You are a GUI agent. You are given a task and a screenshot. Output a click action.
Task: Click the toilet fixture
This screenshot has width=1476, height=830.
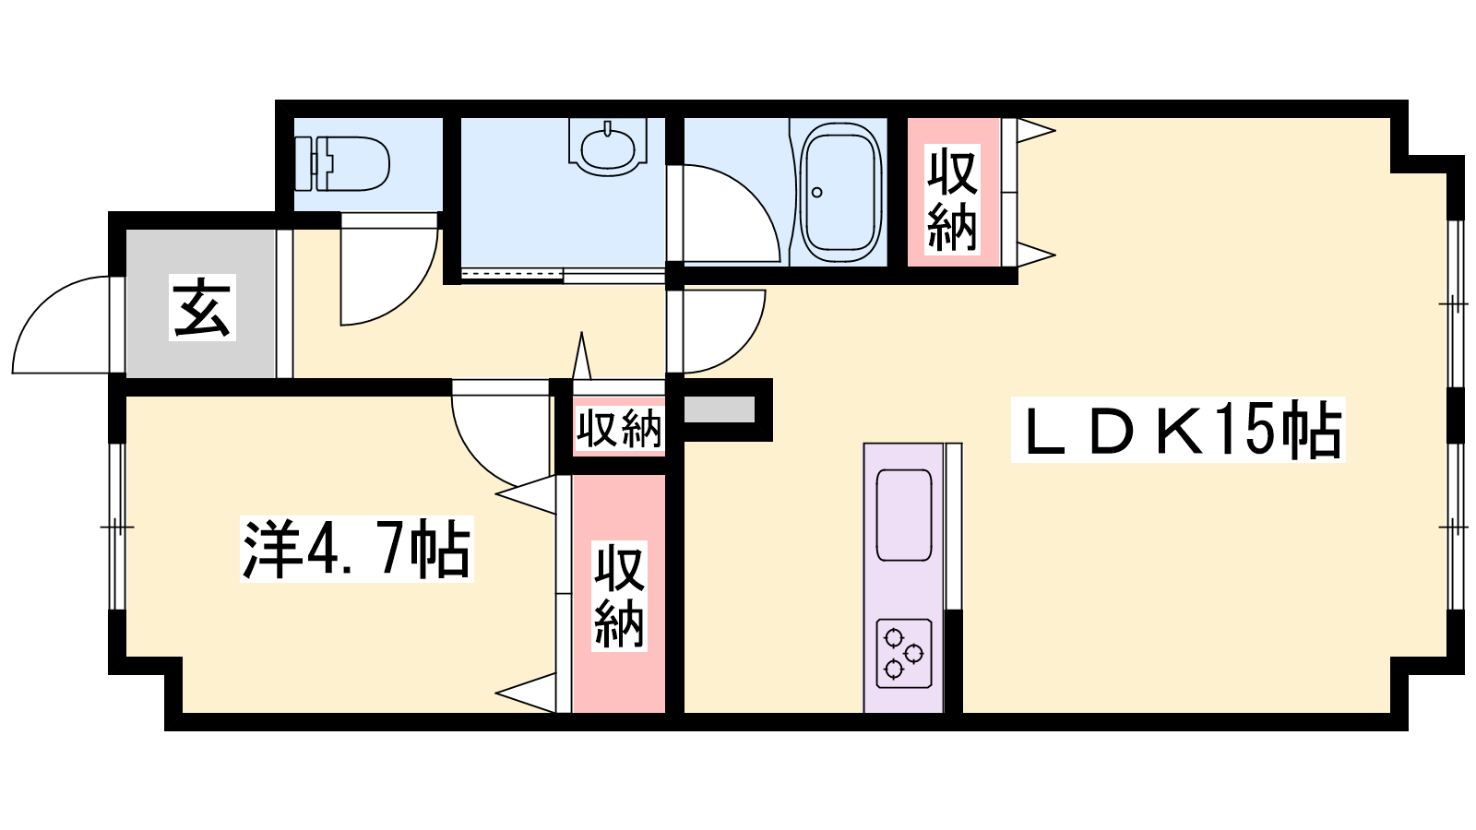tap(342, 164)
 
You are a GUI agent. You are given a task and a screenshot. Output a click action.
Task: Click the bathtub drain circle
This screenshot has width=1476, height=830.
tap(817, 193)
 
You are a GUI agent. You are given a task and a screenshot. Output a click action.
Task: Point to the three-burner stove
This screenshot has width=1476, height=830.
tap(903, 654)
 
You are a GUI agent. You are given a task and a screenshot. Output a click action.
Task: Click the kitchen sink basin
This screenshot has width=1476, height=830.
tap(903, 516)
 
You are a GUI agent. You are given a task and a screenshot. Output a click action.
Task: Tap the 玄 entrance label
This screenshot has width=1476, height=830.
tap(202, 307)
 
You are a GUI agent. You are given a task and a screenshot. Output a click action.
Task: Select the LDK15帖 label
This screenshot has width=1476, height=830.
tap(1178, 430)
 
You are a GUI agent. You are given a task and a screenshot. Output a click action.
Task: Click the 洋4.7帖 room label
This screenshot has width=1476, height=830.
tap(356, 549)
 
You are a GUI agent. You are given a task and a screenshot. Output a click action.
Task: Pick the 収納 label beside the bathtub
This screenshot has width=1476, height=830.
tap(952, 199)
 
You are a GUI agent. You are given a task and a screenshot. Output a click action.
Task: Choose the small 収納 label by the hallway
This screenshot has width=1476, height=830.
tap(618, 428)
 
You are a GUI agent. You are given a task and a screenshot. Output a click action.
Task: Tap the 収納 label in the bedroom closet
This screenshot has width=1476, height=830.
tap(619, 596)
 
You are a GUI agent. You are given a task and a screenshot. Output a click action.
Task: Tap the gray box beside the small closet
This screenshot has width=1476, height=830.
tap(719, 409)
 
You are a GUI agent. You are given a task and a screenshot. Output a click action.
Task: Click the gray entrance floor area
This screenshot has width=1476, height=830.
tap(200, 303)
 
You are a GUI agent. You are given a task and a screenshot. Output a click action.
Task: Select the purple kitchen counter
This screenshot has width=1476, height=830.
tap(904, 578)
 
